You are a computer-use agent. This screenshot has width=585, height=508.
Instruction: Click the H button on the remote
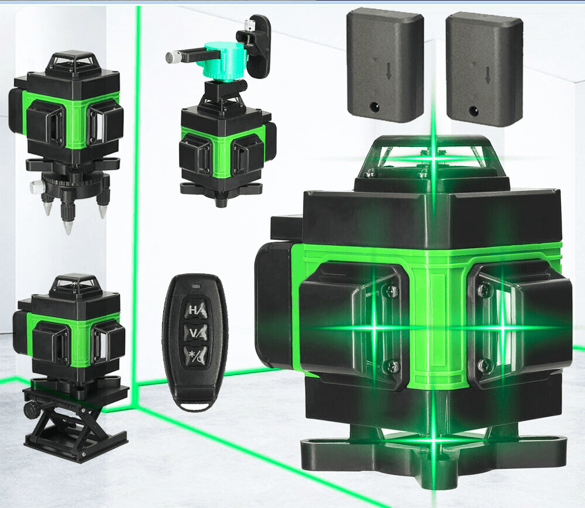[x=195, y=310]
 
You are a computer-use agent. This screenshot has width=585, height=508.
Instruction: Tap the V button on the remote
[x=195, y=332]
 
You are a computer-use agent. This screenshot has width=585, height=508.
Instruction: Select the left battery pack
[x=384, y=66]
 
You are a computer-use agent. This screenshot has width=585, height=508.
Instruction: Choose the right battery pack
[x=484, y=69]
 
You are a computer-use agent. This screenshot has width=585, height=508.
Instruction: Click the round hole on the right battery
[x=472, y=110]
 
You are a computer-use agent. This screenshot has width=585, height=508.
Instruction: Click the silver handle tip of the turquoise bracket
[x=173, y=57]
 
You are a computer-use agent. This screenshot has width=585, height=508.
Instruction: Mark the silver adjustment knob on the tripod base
[x=37, y=187]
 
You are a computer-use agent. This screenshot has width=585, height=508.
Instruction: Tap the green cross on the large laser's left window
[x=374, y=328]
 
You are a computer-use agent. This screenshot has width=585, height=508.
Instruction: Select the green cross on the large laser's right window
[x=501, y=329]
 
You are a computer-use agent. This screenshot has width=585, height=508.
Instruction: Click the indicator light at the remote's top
[x=195, y=286]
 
